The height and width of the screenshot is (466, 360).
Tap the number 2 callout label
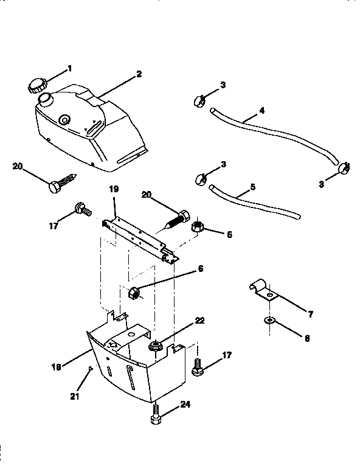tap(139, 74)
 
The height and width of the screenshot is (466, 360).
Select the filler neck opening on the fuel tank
tap(44, 98)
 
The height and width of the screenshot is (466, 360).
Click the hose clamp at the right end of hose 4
tap(344, 165)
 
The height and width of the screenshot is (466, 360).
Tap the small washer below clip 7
tap(269, 320)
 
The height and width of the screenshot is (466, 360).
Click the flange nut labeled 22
tap(155, 347)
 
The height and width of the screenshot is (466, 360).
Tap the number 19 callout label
tap(113, 189)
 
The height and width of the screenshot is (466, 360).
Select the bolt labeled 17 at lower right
tap(197, 367)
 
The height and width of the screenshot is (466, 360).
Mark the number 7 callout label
tap(310, 314)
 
